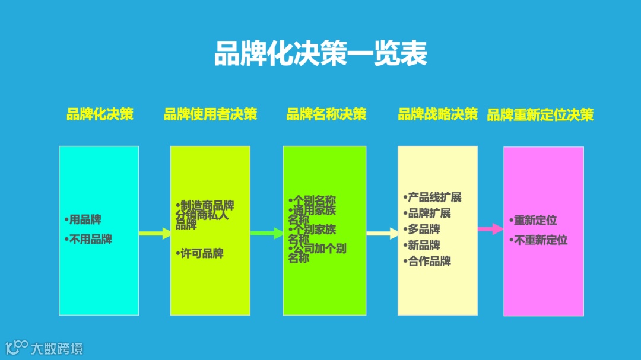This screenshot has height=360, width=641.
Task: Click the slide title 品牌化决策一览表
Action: click(x=320, y=54)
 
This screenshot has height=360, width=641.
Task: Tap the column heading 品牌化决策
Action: click(x=100, y=114)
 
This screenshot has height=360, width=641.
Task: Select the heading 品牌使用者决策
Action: click(x=210, y=114)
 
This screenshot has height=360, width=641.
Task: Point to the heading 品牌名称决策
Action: click(x=326, y=114)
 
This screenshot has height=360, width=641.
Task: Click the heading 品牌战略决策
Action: click(x=437, y=114)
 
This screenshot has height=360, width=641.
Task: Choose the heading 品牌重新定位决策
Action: click(x=540, y=115)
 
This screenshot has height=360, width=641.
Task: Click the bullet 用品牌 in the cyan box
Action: click(x=85, y=220)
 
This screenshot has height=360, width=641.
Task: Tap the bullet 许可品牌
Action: click(x=202, y=254)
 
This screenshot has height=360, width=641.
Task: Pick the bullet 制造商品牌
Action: click(x=207, y=205)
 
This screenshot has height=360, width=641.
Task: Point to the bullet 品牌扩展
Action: click(x=429, y=214)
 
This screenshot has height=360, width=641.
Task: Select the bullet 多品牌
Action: click(x=424, y=230)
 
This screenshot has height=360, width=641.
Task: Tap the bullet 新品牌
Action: click(x=424, y=246)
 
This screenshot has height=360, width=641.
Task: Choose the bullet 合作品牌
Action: click(x=429, y=262)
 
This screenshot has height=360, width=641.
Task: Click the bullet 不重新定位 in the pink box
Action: click(x=541, y=240)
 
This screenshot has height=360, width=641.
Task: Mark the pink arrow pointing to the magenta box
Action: click(x=491, y=229)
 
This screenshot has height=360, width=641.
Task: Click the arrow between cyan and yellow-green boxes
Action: click(x=155, y=234)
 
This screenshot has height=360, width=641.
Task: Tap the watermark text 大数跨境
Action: click(x=57, y=348)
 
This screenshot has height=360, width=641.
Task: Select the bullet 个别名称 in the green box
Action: click(x=315, y=200)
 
